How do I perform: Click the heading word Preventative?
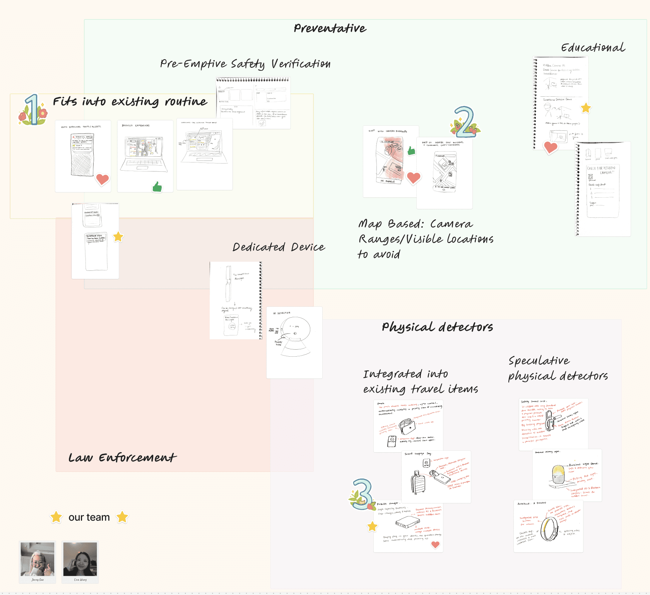330,28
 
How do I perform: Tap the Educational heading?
593,48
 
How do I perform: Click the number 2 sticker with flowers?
465,123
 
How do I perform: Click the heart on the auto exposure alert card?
103,179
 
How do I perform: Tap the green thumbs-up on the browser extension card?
157,187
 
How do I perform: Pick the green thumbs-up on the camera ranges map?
411,150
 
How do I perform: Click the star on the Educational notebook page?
586,108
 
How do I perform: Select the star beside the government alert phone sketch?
118,237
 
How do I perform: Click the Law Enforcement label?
122,458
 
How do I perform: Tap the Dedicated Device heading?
279,247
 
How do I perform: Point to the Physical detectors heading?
437,327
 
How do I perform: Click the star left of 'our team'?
56,517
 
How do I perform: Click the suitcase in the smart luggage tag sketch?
418,482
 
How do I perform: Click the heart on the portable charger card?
435,544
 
